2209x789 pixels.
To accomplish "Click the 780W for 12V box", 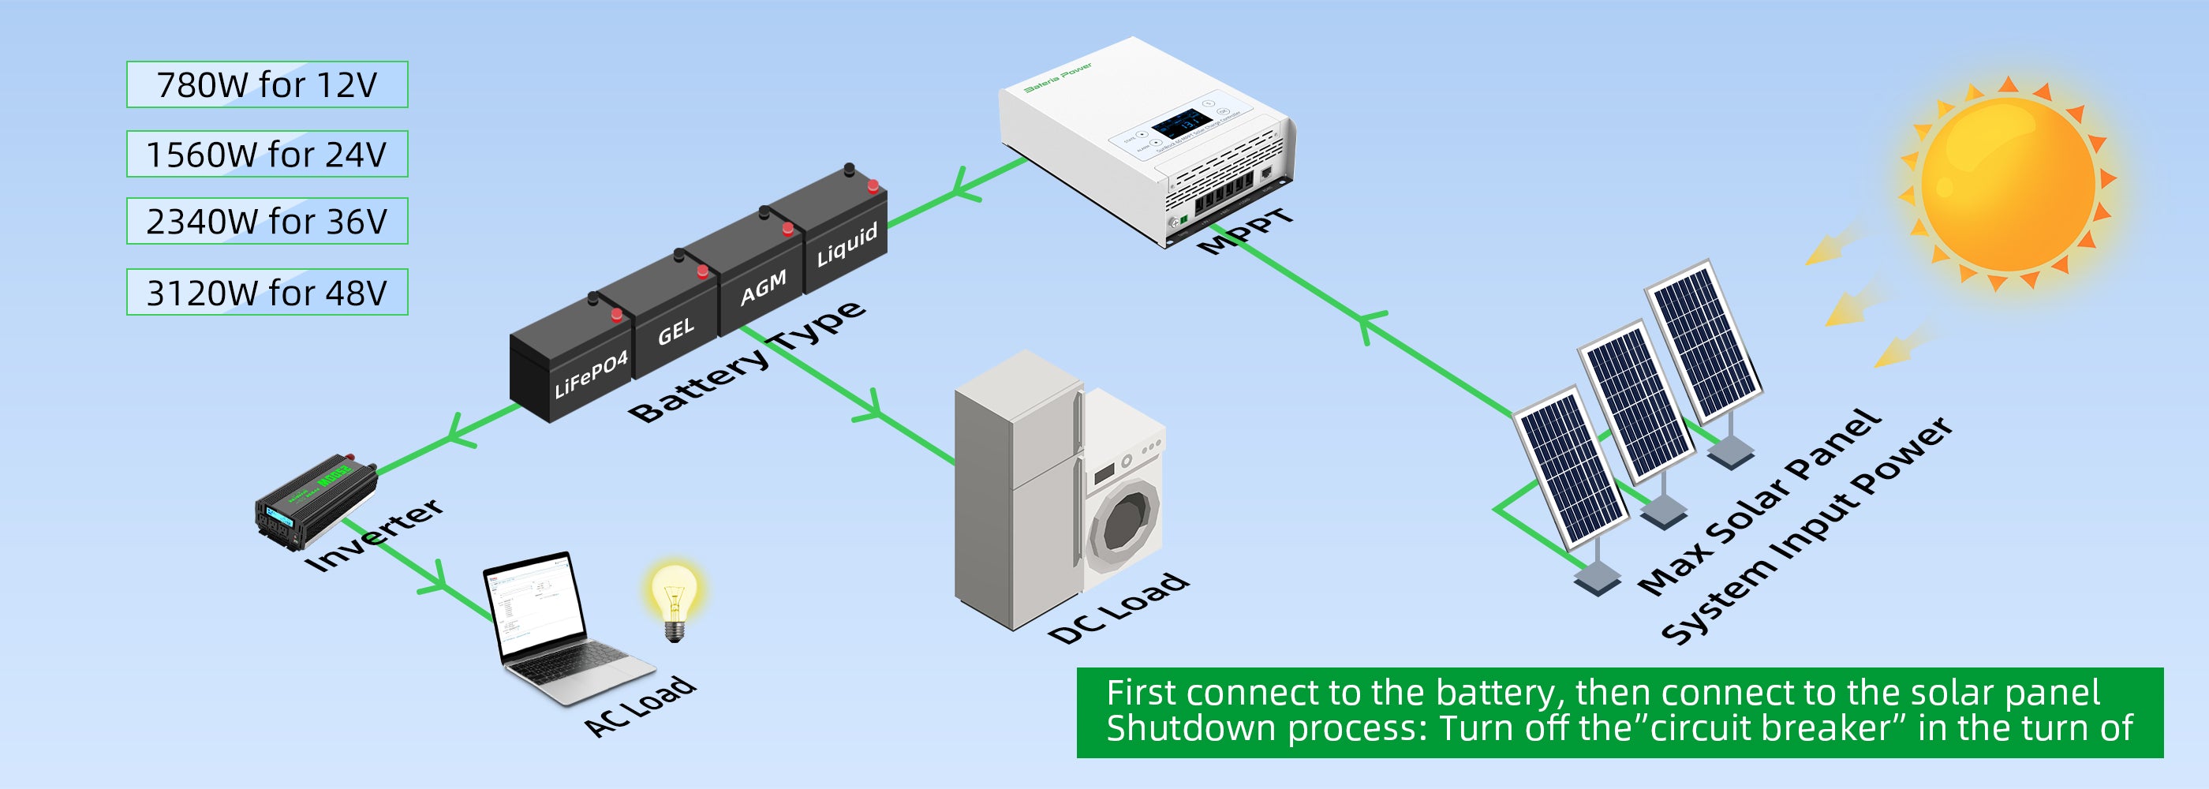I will (x=267, y=85).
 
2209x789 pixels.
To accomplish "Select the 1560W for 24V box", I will (x=267, y=155).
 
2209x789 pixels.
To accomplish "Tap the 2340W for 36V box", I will (x=267, y=221).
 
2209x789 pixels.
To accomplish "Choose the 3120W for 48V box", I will (x=267, y=293).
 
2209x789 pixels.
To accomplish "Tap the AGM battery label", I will (x=763, y=288).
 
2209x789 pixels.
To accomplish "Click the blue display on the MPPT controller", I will (x=1181, y=124).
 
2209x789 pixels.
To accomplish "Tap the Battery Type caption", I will (x=747, y=361).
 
